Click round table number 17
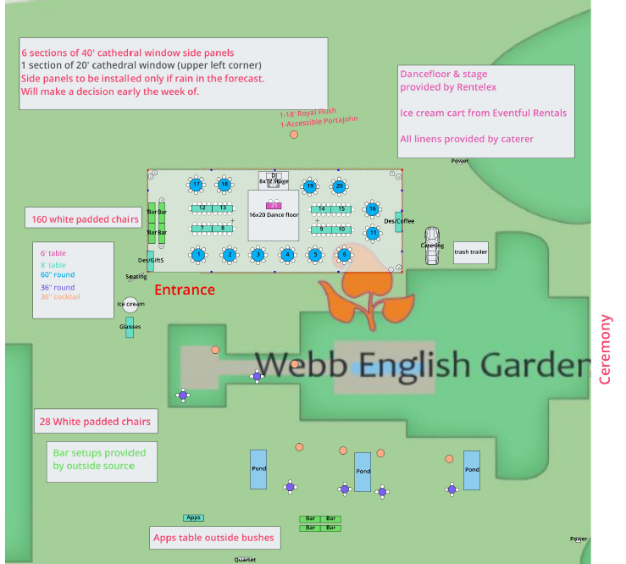[x=197, y=184]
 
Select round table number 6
[x=343, y=254]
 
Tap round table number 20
[x=339, y=185]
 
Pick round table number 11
[x=373, y=232]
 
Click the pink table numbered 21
[x=274, y=205]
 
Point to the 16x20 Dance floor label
[x=274, y=215]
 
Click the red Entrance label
[x=185, y=290]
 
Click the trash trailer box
[x=471, y=252]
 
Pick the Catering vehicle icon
[x=433, y=237]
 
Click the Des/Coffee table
[x=398, y=221]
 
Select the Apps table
[x=193, y=517]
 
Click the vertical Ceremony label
[x=605, y=349]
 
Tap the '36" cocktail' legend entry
[x=61, y=296]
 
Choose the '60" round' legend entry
[x=58, y=274]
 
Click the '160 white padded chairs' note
[x=85, y=219]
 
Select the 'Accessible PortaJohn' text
[x=320, y=122]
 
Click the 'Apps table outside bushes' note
[x=213, y=537]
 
